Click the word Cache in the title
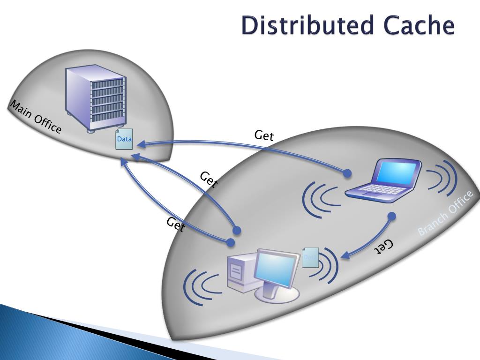pyautogui.click(x=419, y=26)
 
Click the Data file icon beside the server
pyautogui.click(x=124, y=139)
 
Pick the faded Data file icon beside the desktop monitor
pyautogui.click(x=310, y=257)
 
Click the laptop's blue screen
pyautogui.click(x=397, y=172)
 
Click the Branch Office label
pyautogui.click(x=445, y=214)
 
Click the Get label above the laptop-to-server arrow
pyautogui.click(x=264, y=136)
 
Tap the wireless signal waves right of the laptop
pyautogui.click(x=441, y=178)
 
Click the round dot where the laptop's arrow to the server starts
pyautogui.click(x=347, y=173)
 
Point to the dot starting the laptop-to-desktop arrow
pyautogui.click(x=392, y=217)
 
